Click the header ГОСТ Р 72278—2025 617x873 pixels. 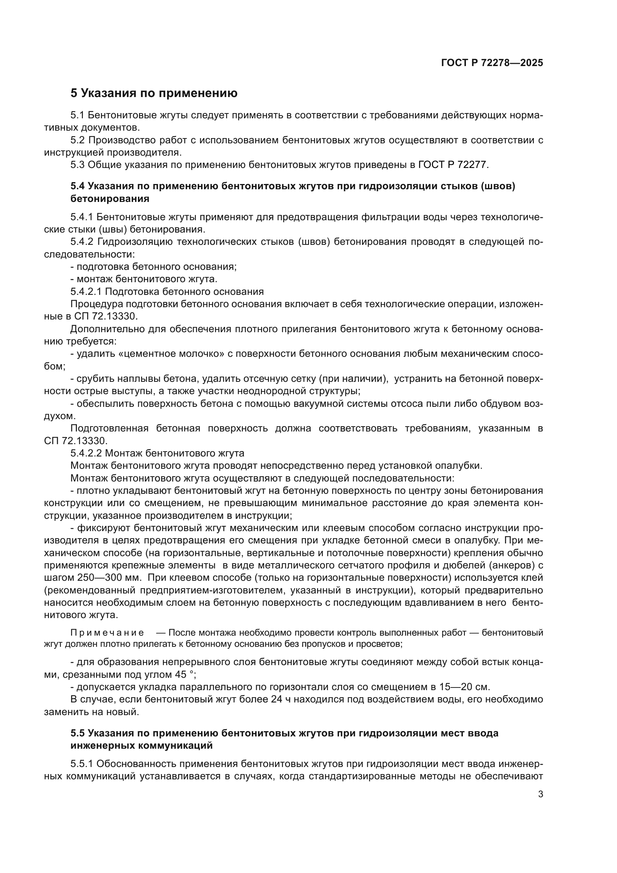click(x=492, y=63)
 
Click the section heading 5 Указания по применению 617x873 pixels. click(x=154, y=93)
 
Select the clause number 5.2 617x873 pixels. click(x=78, y=140)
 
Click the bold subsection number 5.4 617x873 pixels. click(x=78, y=186)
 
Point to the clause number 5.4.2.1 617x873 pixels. click(x=86, y=291)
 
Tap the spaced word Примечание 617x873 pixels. click(x=107, y=633)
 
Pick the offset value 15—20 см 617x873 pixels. click(x=465, y=687)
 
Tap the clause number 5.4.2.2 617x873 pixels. click(x=86, y=453)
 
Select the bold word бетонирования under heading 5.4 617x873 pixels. click(x=110, y=199)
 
